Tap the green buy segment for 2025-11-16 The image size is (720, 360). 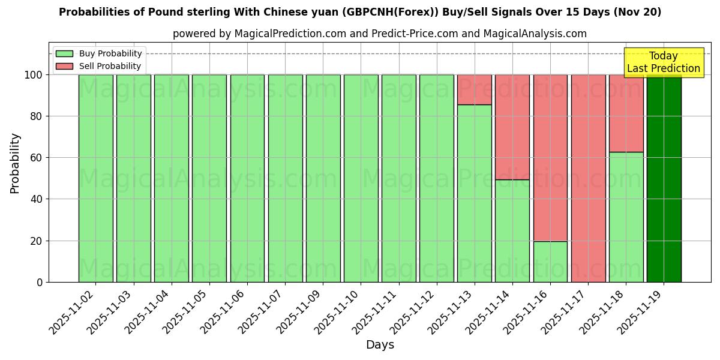point(550,262)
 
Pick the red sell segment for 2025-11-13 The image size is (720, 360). point(474,89)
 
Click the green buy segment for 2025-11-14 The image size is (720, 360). point(512,230)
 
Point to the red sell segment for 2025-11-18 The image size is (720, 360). point(626,113)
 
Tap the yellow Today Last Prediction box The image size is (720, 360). point(664,62)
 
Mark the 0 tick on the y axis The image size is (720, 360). point(40,282)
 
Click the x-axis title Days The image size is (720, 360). point(380,345)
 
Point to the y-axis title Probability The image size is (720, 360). point(15,163)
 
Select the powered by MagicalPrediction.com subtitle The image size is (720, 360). point(380,34)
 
